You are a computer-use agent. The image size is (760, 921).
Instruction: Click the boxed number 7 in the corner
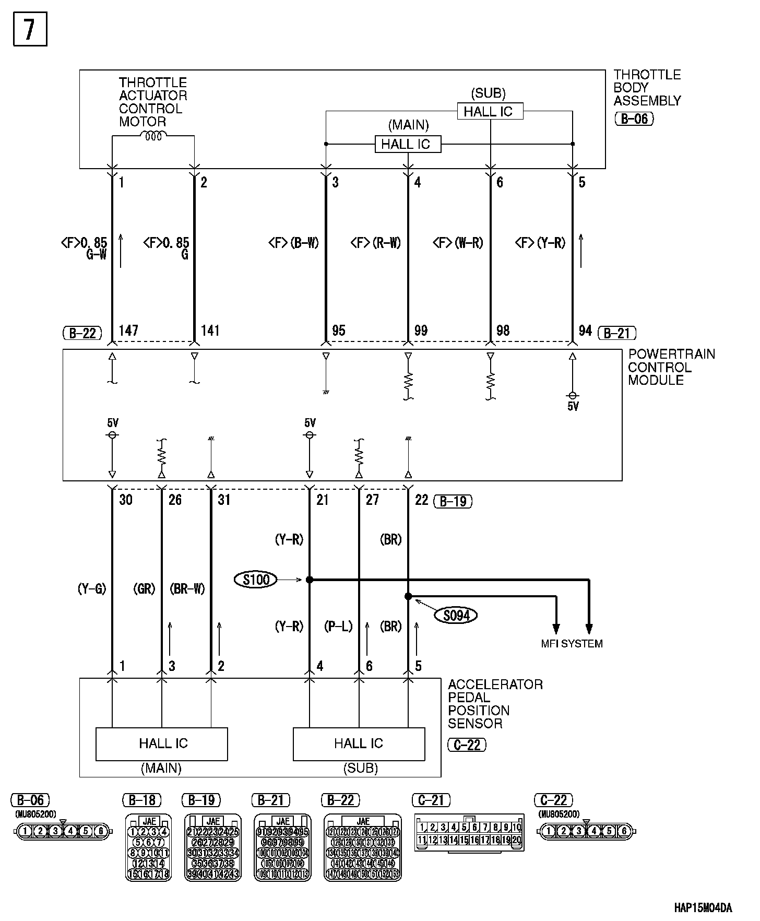(x=30, y=29)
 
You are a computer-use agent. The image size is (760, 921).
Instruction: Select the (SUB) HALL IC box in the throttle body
(x=490, y=111)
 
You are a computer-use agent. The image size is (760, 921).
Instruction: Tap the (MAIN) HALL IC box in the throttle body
(x=408, y=144)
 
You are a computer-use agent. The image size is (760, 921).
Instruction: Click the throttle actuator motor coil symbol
(x=154, y=136)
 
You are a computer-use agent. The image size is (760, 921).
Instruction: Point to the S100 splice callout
(x=256, y=580)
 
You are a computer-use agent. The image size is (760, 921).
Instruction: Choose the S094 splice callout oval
(x=456, y=616)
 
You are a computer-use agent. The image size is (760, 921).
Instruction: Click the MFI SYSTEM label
(x=572, y=644)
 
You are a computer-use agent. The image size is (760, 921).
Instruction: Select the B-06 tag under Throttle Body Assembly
(x=634, y=119)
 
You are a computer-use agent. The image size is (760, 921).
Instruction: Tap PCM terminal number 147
(x=128, y=330)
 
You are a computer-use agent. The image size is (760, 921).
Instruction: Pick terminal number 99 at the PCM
(x=421, y=330)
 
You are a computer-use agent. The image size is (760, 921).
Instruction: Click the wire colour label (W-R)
(x=458, y=243)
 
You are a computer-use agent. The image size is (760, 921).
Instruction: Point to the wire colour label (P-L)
(x=338, y=626)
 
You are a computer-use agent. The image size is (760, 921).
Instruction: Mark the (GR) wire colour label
(x=144, y=589)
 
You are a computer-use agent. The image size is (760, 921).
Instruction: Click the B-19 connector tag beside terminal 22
(x=453, y=501)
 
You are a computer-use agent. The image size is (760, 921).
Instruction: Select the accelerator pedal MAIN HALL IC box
(x=162, y=743)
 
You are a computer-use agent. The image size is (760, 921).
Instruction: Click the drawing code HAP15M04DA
(x=702, y=907)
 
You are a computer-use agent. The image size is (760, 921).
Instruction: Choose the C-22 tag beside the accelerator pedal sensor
(x=467, y=745)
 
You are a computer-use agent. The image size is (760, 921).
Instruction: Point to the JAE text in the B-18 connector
(x=149, y=822)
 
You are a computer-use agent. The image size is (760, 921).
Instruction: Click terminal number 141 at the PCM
(x=210, y=330)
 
